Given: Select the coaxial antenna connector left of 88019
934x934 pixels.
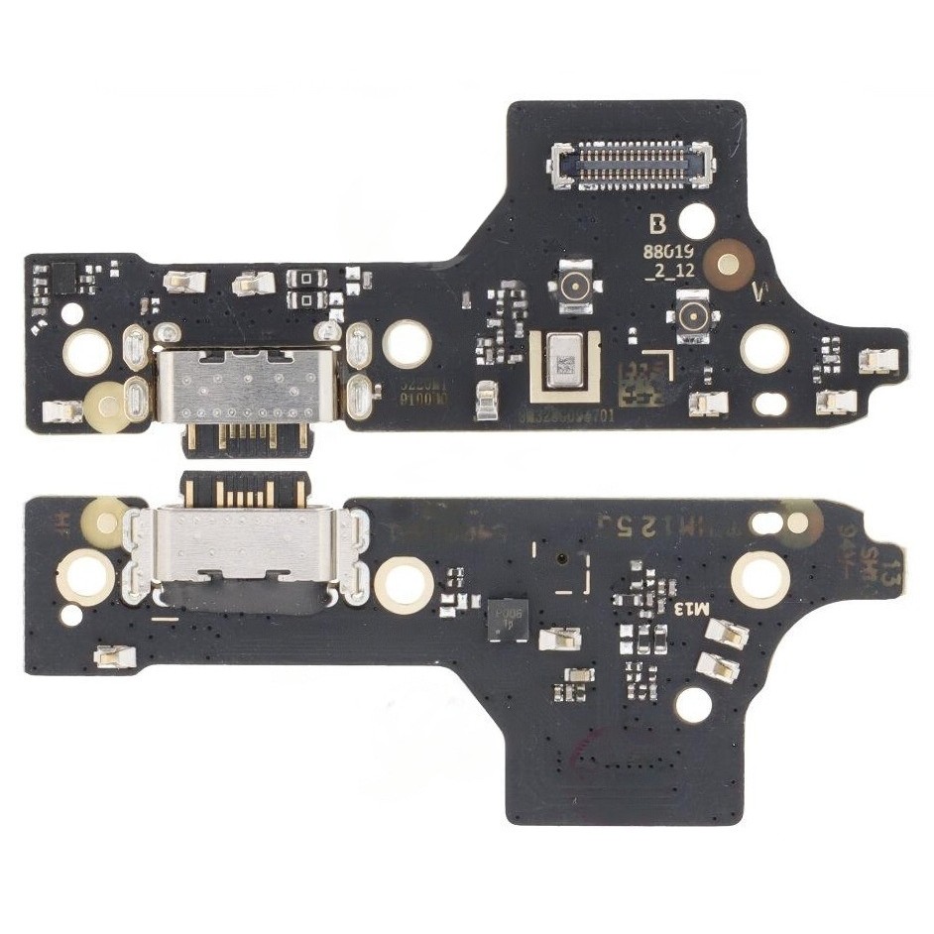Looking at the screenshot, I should pyautogui.click(x=573, y=287).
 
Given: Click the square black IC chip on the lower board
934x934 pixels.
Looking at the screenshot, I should pyautogui.click(x=507, y=618).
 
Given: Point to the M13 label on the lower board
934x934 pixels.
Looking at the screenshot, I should pyautogui.click(x=693, y=607).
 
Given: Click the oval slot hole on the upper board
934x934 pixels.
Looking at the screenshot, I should pyautogui.click(x=770, y=404).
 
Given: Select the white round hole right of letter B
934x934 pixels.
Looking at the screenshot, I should pyautogui.click(x=697, y=218).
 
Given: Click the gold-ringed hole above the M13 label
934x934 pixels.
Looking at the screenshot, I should pyautogui.click(x=759, y=576).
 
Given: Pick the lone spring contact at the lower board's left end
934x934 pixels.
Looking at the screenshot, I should pyautogui.click(x=112, y=655).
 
